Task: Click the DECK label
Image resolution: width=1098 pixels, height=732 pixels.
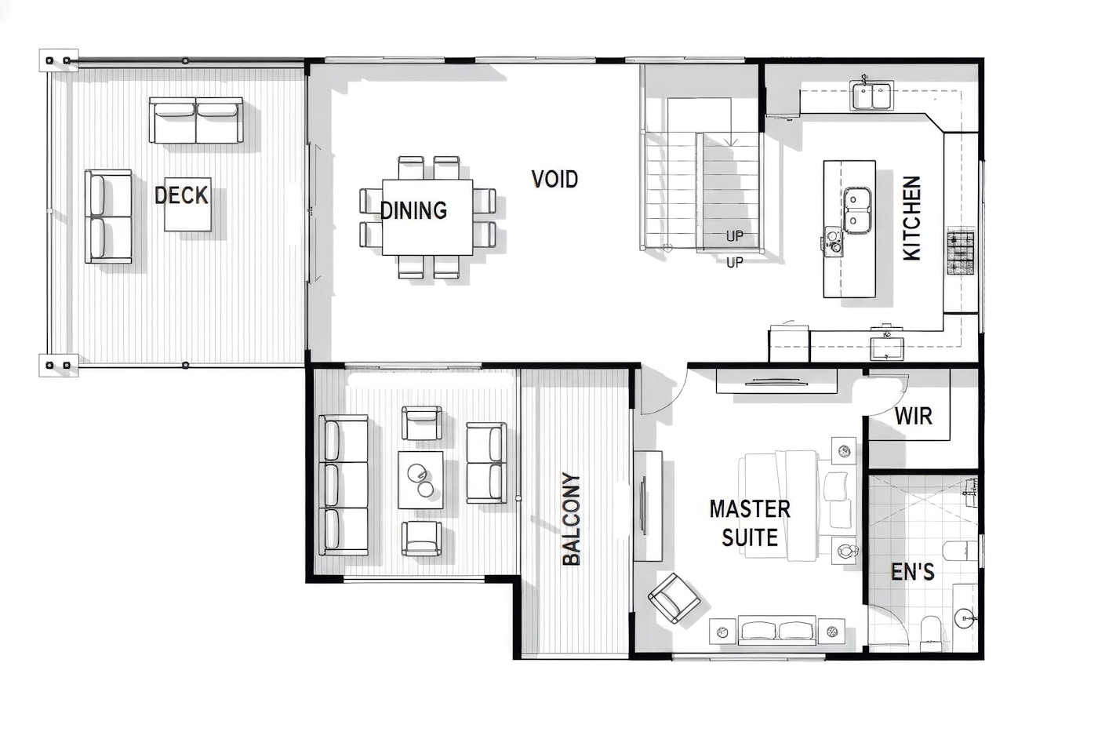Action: pos(181,195)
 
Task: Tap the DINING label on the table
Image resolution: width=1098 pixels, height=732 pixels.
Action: pos(414,210)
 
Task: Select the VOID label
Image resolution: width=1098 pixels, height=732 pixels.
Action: pos(554,180)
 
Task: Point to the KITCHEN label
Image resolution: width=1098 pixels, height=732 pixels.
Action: pos(911,218)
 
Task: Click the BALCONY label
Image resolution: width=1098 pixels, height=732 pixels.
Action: pos(571,519)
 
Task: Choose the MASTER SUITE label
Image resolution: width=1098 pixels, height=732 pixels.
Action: pos(750,523)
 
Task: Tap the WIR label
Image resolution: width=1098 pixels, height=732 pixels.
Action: pos(913,416)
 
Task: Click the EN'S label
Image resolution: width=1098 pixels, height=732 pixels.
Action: pos(912,572)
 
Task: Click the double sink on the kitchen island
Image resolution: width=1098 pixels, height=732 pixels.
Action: pos(856,210)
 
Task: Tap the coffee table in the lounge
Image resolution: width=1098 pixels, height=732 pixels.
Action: pos(420,480)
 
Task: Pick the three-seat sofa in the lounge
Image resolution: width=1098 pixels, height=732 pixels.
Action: pos(344,486)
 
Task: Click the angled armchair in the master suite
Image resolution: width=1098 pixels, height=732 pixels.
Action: pos(674,598)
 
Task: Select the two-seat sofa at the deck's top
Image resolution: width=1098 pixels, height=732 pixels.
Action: pos(196,120)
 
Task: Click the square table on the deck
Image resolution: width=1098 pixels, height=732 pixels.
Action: pos(187,205)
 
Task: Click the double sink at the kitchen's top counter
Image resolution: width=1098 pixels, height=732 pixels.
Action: pos(871,96)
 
